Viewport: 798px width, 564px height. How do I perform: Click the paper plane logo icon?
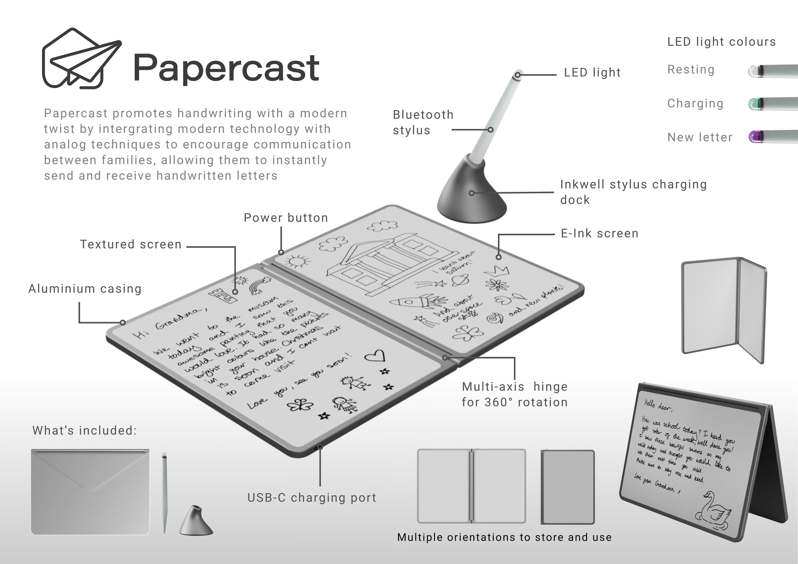click(x=82, y=58)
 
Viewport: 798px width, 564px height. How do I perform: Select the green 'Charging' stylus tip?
click(x=755, y=103)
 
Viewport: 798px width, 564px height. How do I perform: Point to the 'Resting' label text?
click(x=691, y=70)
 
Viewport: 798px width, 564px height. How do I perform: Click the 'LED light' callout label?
click(x=592, y=73)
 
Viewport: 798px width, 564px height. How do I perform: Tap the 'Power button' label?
click(x=286, y=218)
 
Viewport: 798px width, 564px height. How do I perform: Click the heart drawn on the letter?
click(x=375, y=356)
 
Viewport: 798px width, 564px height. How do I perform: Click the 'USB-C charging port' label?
click(x=312, y=498)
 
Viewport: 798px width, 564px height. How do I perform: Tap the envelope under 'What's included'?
click(x=90, y=491)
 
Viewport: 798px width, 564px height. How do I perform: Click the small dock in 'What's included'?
click(x=196, y=521)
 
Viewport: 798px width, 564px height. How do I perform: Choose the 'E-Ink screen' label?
click(x=599, y=234)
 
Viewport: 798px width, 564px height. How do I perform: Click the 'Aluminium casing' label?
click(x=85, y=289)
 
